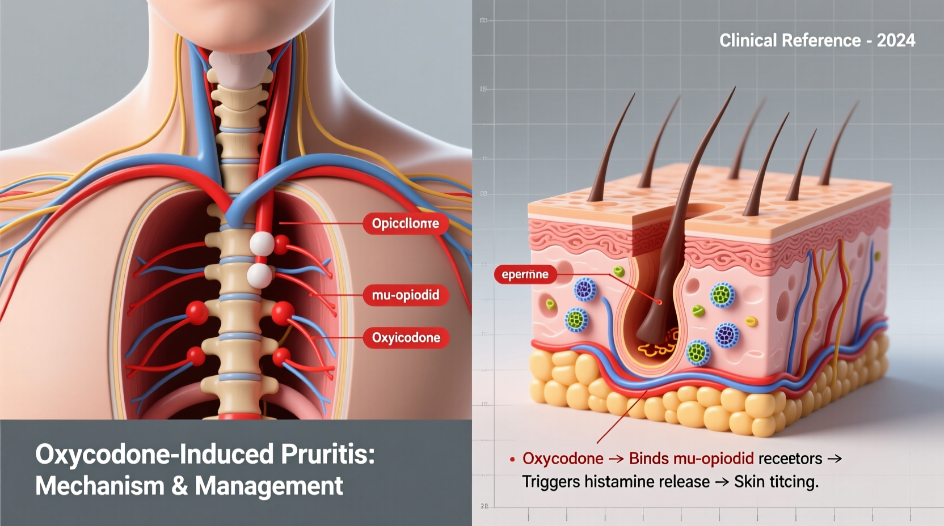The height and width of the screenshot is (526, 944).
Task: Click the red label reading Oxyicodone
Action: [406, 338]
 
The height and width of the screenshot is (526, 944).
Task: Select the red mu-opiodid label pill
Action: [406, 295]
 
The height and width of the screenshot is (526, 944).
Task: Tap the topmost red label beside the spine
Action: [405, 223]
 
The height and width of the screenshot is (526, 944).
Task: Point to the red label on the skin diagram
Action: [525, 274]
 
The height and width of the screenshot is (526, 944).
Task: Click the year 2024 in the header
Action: [896, 41]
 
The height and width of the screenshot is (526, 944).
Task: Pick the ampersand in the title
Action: [179, 486]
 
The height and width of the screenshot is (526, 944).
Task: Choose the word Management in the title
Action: [269, 486]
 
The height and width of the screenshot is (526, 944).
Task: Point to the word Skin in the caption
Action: [748, 482]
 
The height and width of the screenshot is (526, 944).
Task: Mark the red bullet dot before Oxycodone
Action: [512, 460]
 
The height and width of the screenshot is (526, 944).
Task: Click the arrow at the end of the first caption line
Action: [835, 459]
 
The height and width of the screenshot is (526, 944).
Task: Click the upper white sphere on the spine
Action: [262, 243]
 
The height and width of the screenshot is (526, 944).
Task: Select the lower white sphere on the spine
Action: [259, 275]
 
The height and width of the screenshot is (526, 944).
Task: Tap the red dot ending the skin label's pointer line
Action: [660, 303]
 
